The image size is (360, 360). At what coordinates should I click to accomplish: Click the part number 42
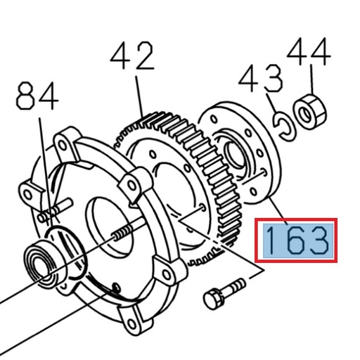pyautogui.click(x=133, y=57)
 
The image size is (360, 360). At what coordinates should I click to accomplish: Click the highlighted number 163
pyautogui.click(x=296, y=241)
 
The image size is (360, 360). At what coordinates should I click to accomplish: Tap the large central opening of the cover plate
pyautogui.click(x=105, y=225)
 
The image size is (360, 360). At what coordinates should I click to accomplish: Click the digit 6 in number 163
pyautogui.click(x=295, y=241)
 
